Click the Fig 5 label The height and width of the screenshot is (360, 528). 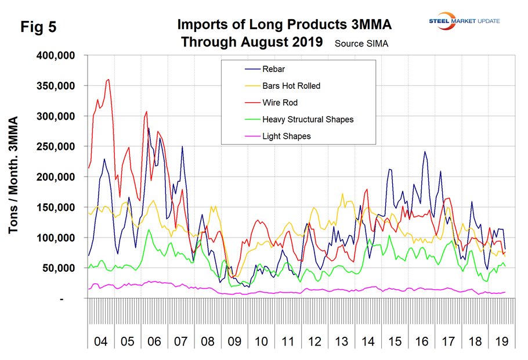(x=39, y=27)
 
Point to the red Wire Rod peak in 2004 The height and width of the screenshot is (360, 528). (x=109, y=80)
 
